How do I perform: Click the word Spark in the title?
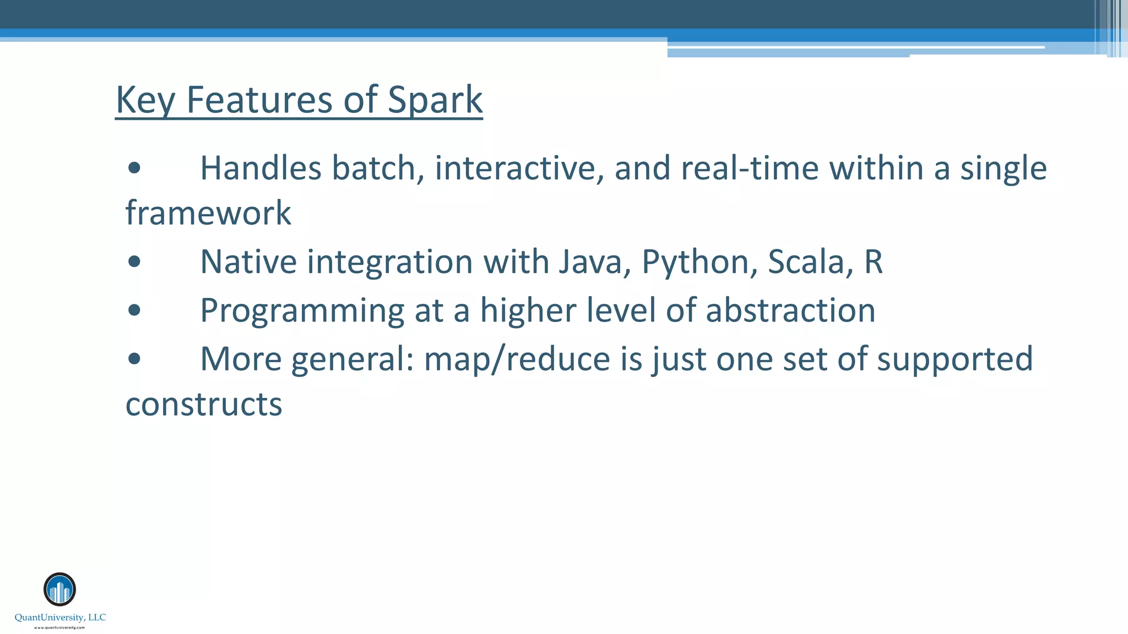(435, 100)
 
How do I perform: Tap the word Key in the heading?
(145, 100)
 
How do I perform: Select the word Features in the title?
(259, 100)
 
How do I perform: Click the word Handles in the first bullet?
(260, 168)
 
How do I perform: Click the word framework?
(208, 213)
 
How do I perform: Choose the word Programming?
(302, 311)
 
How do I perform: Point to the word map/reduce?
(517, 359)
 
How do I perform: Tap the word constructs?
(204, 405)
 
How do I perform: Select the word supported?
(955, 359)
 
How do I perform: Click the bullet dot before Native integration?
(134, 262)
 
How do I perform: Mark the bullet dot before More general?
(134, 359)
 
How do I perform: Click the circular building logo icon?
(59, 589)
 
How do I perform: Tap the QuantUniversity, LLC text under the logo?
(60, 617)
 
